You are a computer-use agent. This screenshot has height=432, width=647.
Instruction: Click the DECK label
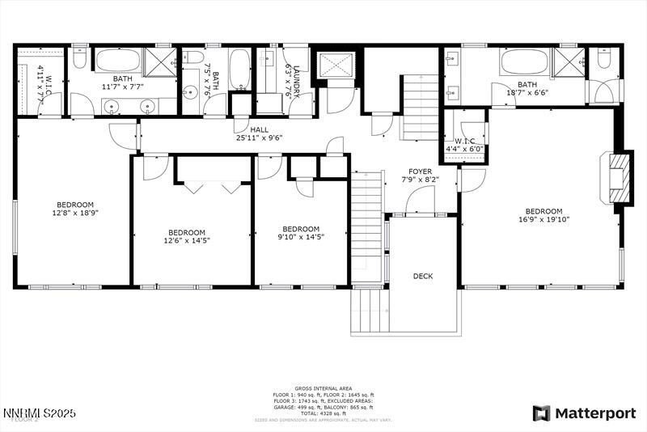[x=423, y=277]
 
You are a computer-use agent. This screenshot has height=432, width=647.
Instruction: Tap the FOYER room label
[x=420, y=172]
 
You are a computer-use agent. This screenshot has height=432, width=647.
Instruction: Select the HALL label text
[x=259, y=129]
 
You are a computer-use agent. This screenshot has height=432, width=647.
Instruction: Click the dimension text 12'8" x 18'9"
[x=74, y=214]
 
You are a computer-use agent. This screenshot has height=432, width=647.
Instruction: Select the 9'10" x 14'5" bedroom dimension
[x=300, y=237]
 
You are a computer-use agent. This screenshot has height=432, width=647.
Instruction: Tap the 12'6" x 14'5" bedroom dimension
[x=188, y=240]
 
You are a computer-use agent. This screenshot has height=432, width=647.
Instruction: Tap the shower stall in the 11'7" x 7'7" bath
[x=160, y=61]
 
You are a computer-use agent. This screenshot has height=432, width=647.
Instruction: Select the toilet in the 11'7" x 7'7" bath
[x=79, y=57]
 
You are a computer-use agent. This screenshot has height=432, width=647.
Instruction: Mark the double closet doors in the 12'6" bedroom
[x=209, y=186]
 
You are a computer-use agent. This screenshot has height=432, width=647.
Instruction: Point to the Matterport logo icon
[x=541, y=413]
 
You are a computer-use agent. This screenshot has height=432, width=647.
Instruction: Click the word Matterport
[x=595, y=413]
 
